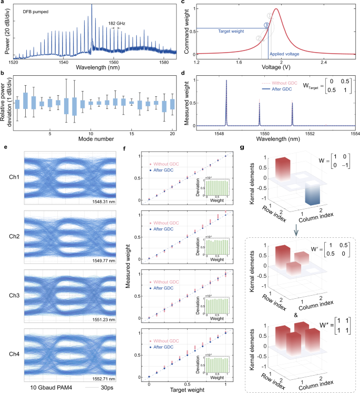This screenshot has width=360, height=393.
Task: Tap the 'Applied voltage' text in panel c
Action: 283,53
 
